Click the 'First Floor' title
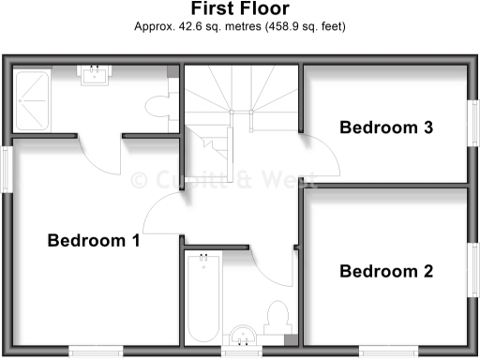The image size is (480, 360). [x=240, y=9]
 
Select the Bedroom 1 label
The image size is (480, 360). [x=94, y=241]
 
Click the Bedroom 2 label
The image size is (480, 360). [x=386, y=272]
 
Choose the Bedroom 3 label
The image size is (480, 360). [x=386, y=127]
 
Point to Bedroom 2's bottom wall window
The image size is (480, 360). [x=387, y=352]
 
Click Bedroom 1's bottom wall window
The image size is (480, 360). [x=94, y=352]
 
